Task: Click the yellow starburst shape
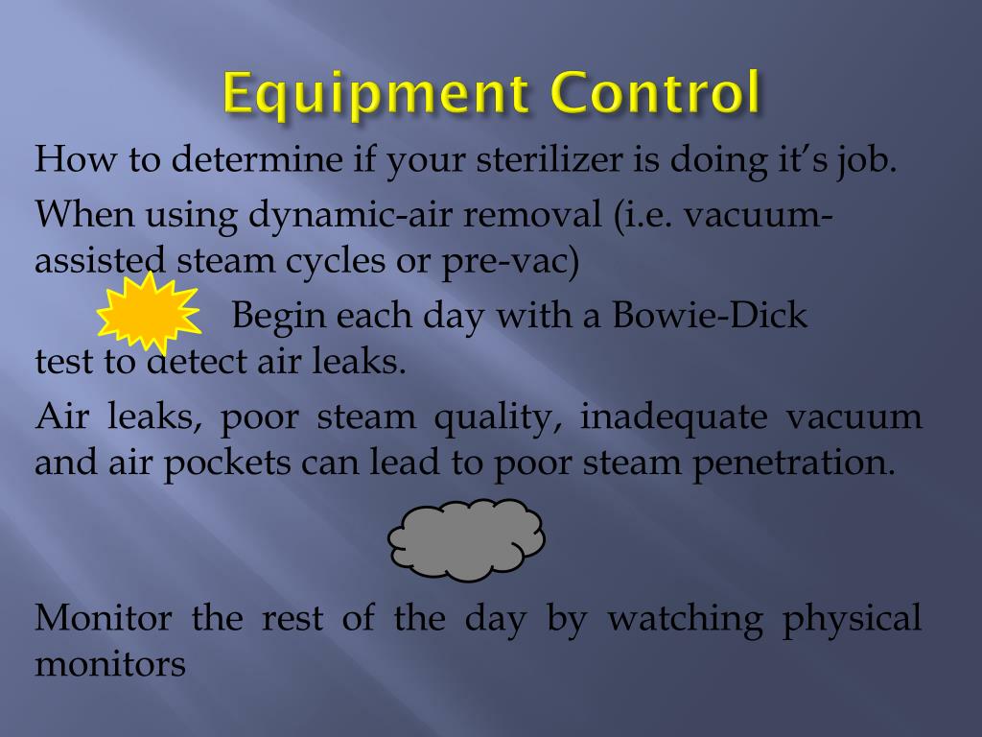click(x=149, y=311)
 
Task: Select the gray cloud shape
click(x=466, y=539)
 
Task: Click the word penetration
click(x=794, y=463)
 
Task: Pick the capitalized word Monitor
click(x=104, y=617)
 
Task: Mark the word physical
click(x=852, y=619)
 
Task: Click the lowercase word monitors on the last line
click(x=110, y=663)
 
